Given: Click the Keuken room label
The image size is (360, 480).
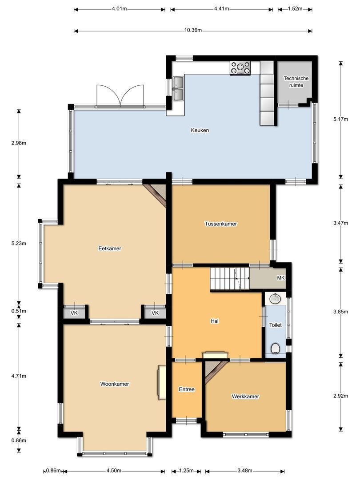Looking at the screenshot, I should (x=200, y=131).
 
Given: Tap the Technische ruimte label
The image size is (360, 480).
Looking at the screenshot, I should (x=296, y=82).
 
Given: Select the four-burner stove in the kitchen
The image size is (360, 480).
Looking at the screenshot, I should (x=240, y=68).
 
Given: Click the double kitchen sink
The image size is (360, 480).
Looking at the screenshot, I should (x=179, y=88).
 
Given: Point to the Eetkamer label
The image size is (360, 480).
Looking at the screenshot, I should (x=110, y=248).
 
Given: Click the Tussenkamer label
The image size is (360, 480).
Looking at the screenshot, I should (x=221, y=224).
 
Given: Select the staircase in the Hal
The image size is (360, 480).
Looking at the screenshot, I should (x=229, y=279).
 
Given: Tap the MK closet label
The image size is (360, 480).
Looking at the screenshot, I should (x=281, y=278).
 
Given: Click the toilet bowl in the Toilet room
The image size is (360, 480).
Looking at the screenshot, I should (x=276, y=348).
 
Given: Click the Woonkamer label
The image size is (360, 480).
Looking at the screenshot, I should (x=115, y=384).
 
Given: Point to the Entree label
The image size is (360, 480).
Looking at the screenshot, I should (x=187, y=389).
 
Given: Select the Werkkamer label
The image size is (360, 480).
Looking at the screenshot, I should (x=245, y=396).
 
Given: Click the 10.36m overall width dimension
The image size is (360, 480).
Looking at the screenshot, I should (x=193, y=31).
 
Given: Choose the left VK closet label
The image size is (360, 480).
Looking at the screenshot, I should (x=74, y=313).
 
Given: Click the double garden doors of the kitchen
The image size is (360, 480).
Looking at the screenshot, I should (x=120, y=96).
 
